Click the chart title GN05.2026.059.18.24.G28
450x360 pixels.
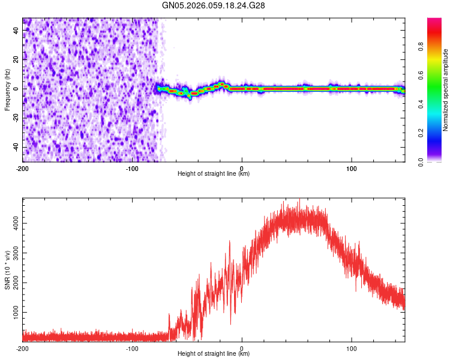(214, 5)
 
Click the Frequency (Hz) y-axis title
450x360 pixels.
(7, 90)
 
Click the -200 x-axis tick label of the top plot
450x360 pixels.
(23, 167)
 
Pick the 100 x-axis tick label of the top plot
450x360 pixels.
(351, 167)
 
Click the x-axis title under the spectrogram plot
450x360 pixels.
(214, 174)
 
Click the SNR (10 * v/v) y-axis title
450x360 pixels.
(7, 269)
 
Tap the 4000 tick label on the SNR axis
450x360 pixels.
(14, 223)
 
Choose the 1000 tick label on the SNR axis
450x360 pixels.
(14, 313)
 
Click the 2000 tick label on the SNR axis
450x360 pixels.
(14, 283)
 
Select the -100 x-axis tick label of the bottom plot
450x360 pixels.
(132, 348)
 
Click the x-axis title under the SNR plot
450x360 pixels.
(214, 354)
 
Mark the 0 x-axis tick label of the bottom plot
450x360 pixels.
(242, 348)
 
